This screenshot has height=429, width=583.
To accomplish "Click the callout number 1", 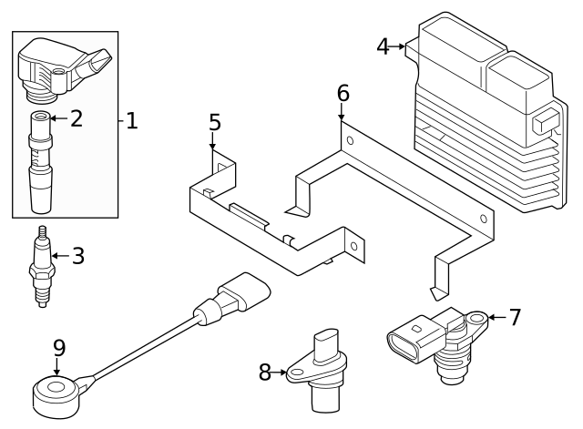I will coord(132,120).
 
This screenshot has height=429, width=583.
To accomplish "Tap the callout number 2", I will coord(77,117).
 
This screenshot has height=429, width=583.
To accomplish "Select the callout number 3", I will coord(78,256).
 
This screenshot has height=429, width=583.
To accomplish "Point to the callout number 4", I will coord(384,46).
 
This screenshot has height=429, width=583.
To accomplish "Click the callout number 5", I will coord(214,121).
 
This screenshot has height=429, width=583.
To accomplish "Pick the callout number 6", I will coord(343,93).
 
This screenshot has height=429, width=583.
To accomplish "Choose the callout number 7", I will coord(515,317).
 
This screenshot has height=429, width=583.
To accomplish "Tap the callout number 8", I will coord(265,372).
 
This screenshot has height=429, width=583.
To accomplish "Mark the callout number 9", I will coord(58,347).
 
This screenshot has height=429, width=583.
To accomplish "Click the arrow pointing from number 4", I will coord(401,46).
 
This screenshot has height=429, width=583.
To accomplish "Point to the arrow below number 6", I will coord(343,114).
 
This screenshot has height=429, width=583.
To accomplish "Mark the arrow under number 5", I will coord(214,142).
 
